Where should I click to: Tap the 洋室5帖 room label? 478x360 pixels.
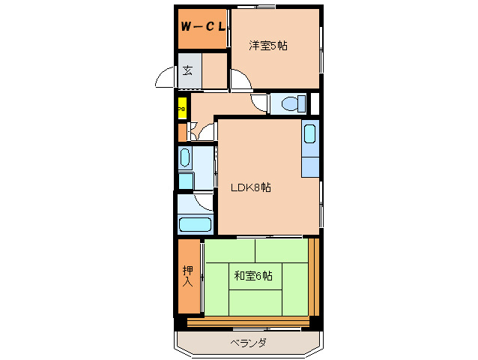pyautogui.click(x=268, y=45)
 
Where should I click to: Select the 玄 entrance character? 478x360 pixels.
pyautogui.click(x=187, y=71)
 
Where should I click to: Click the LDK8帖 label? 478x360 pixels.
pyautogui.click(x=249, y=187)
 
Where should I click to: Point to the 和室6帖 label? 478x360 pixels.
pyautogui.click(x=252, y=276)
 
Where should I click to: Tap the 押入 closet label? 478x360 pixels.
pyautogui.click(x=188, y=277)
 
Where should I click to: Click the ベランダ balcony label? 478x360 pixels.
pyautogui.click(x=247, y=343)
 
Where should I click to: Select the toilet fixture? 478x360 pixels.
pyautogui.click(x=288, y=103)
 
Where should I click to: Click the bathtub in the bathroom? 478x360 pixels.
pyautogui.click(x=196, y=223)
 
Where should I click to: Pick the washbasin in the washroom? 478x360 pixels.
pyautogui.click(x=185, y=158)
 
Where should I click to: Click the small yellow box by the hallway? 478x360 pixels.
pyautogui.click(x=181, y=109)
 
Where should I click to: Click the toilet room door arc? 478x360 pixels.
pyautogui.click(x=259, y=105)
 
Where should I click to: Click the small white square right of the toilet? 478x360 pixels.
pyautogui.click(x=315, y=103)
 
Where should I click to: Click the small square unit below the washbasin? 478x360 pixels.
pyautogui.click(x=185, y=180)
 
